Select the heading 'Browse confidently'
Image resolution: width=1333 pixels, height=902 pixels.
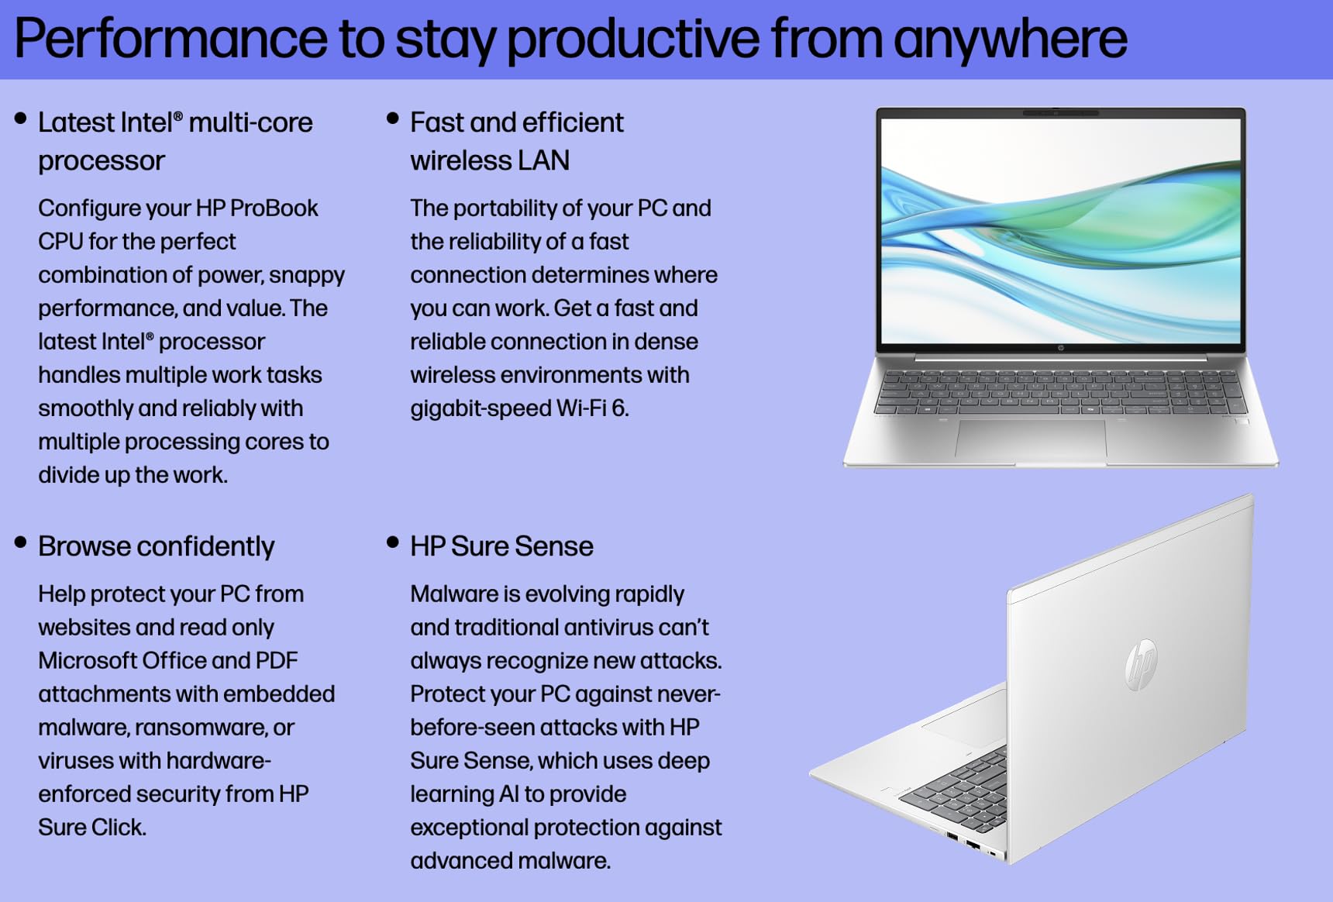point(156,546)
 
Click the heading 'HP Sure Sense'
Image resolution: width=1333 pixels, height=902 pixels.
point(501,546)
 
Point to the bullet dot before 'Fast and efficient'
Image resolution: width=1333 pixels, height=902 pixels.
point(393,119)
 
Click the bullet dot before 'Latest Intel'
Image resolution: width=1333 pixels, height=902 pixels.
point(21,119)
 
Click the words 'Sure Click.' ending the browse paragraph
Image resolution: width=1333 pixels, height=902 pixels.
point(91,828)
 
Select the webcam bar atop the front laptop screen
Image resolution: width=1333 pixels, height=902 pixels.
point(1060,113)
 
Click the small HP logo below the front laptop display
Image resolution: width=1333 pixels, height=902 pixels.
point(1060,348)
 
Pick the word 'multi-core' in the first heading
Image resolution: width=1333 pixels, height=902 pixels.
point(250,122)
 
